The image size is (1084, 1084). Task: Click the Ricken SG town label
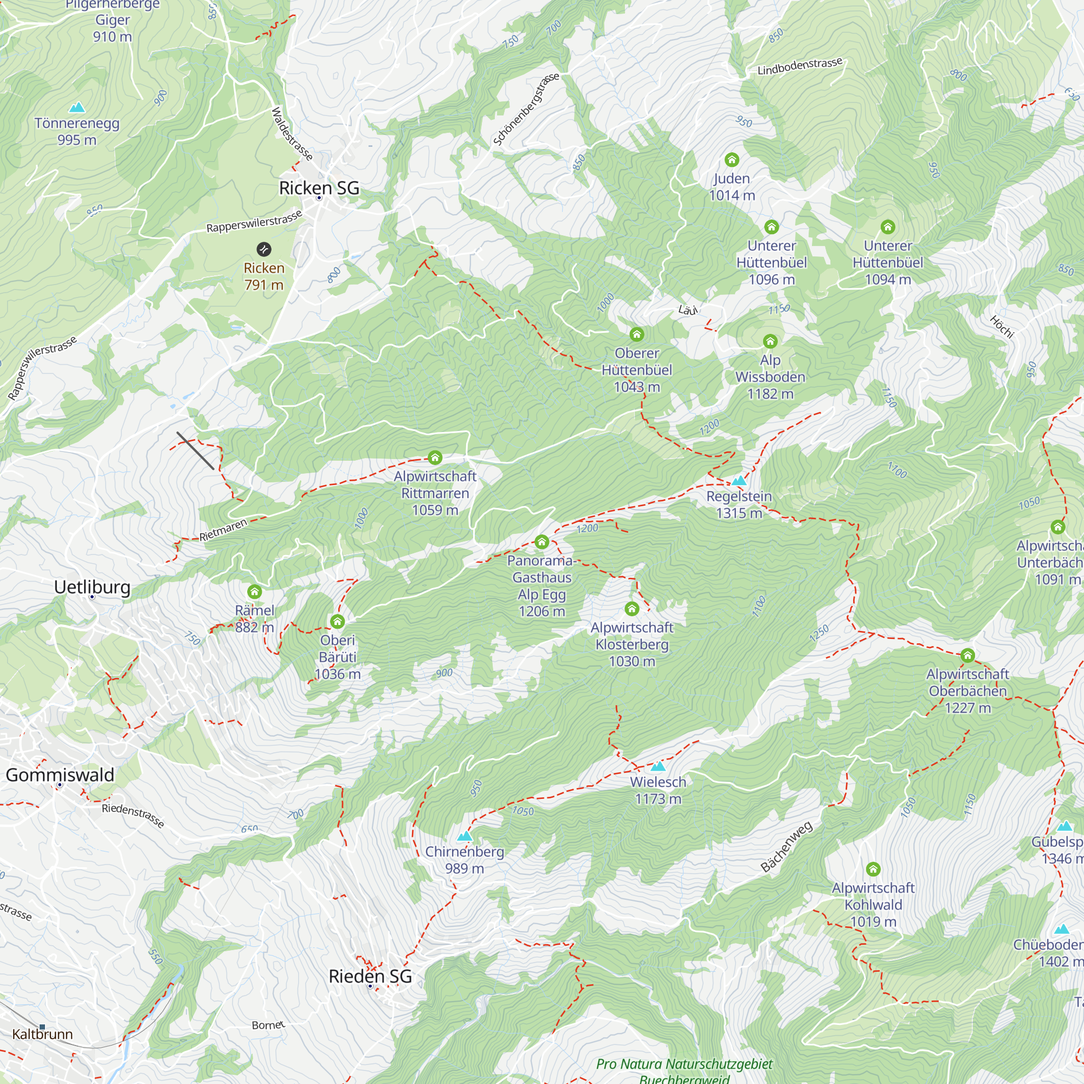pos(319,188)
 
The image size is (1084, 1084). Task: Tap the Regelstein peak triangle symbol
pos(739,481)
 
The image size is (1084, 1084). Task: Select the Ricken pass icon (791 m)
pos(264,249)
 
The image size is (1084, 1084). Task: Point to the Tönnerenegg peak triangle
pos(77,107)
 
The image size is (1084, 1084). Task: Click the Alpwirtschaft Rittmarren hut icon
pos(435,458)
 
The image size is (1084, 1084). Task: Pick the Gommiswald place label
pos(60,775)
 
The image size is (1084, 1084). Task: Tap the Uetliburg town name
pos(92,587)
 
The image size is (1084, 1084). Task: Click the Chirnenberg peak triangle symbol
pos(464,836)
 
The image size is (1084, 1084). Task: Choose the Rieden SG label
pos(370,976)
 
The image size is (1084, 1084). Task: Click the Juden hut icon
pos(732,160)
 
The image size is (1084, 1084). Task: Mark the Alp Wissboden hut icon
pos(770,341)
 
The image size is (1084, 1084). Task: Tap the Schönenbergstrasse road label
pos(526,109)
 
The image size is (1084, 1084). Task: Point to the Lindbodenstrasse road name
pos(799,66)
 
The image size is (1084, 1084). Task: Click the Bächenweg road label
pos(786,847)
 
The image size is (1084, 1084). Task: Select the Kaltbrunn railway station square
pos(42,1027)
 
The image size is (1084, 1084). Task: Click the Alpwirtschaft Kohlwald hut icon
pos(873,869)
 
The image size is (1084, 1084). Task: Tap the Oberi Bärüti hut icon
pos(337,621)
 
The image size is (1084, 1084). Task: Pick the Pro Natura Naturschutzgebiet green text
pos(684,1064)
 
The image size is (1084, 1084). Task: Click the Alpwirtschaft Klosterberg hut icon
pos(632,609)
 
